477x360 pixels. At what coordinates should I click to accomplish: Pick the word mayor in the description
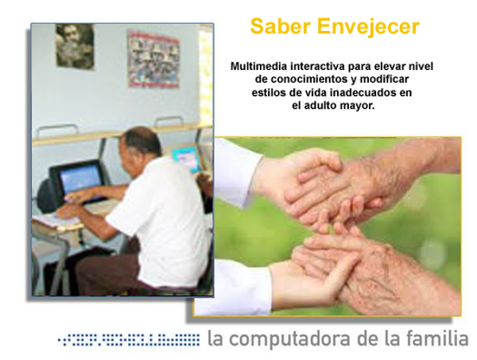coord(356,105)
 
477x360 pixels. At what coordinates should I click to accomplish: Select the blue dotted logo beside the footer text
coord(128,340)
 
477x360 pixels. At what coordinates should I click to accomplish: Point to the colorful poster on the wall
coord(153,59)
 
